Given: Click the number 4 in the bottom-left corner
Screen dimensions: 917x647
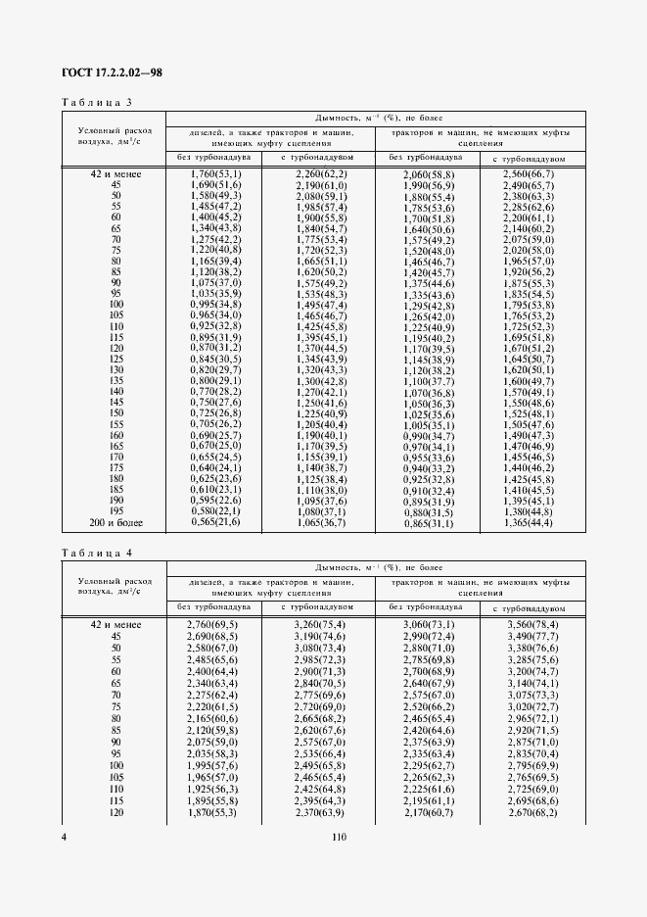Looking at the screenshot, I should pos(64,837).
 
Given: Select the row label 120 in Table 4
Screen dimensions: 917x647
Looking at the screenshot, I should pos(116,812).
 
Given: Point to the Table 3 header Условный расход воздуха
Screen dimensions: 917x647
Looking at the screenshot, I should pos(110,135).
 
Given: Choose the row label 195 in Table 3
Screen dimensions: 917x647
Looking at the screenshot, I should pos(116,512).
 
